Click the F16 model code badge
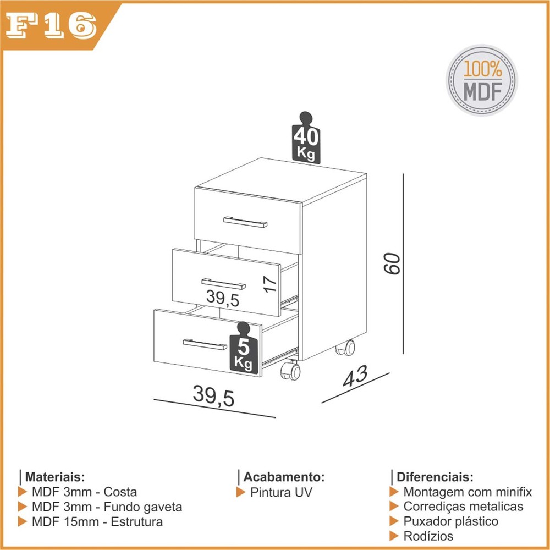[x=51, y=26]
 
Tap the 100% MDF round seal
[x=482, y=80]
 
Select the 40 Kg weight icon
[x=306, y=138]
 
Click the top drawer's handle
[x=245, y=222]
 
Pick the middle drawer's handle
[x=223, y=284]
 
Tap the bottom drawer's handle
[x=205, y=344]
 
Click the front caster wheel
[x=291, y=370]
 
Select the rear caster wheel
[x=345, y=348]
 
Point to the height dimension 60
[x=392, y=263]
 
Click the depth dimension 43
[x=355, y=376]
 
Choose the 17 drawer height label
[x=269, y=284]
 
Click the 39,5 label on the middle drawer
[x=223, y=298]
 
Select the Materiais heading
[x=55, y=477]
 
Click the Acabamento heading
[x=284, y=477]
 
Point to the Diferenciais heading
[x=435, y=477]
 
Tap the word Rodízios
[x=428, y=536]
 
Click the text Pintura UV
[x=281, y=492]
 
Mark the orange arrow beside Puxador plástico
[x=394, y=521]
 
